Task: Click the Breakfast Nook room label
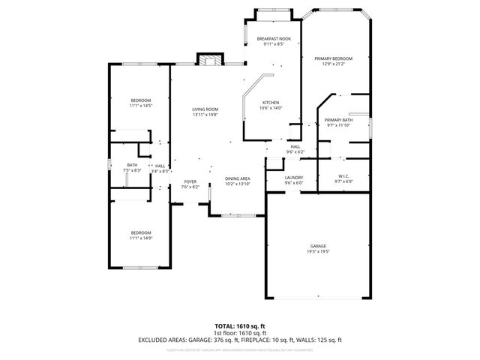274,38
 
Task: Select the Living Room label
205,109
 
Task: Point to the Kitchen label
270,103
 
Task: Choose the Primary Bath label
338,120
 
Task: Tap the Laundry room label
293,177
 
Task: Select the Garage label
319,246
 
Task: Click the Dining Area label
237,178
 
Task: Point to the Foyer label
190,182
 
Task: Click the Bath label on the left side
132,165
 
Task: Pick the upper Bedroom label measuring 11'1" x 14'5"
141,100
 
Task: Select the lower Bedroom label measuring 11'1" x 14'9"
141,232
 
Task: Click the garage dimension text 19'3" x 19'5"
319,252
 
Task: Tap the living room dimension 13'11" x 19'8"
205,115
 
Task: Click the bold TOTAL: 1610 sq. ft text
239,325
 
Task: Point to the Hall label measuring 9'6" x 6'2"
295,147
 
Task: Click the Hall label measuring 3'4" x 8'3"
160,166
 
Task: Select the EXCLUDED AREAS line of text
239,339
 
